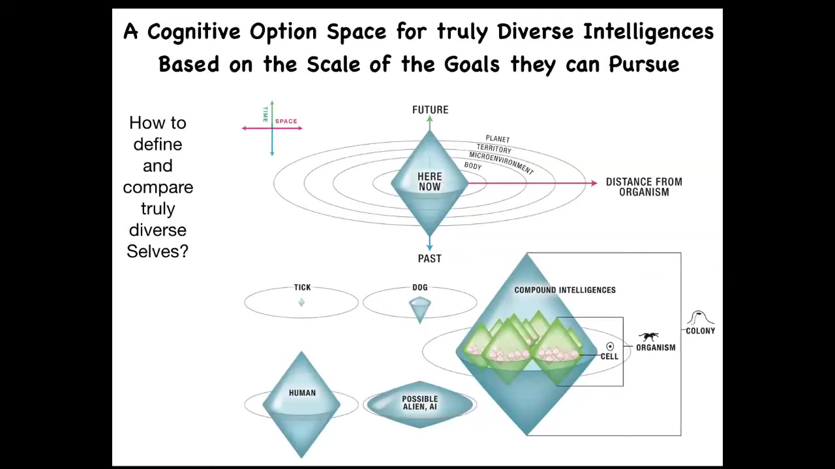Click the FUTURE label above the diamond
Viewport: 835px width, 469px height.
click(430, 110)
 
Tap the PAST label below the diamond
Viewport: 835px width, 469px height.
click(429, 259)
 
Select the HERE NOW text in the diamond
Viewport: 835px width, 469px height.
click(429, 182)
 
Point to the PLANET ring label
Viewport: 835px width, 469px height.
click(497, 139)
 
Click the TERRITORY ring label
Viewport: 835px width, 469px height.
click(494, 149)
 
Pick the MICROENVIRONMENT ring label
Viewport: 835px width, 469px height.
click(502, 163)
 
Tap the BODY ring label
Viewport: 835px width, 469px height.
click(473, 166)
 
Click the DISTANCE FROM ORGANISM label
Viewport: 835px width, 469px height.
click(644, 187)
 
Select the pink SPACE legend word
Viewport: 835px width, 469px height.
click(286, 121)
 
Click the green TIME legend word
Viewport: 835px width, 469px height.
click(266, 114)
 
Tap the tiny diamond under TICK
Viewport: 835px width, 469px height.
click(301, 302)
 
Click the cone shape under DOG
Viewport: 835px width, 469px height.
click(419, 309)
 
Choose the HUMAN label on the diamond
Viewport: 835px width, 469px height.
click(302, 393)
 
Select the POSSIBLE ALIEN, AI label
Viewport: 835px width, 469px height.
click(419, 403)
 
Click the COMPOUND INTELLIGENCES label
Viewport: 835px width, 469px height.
click(565, 290)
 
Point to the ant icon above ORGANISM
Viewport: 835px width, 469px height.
click(648, 337)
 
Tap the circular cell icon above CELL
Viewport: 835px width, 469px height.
click(610, 347)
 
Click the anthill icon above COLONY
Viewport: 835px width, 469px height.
click(700, 317)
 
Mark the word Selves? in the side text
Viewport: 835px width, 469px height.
click(158, 251)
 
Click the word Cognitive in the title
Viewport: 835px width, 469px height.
click(194, 31)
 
